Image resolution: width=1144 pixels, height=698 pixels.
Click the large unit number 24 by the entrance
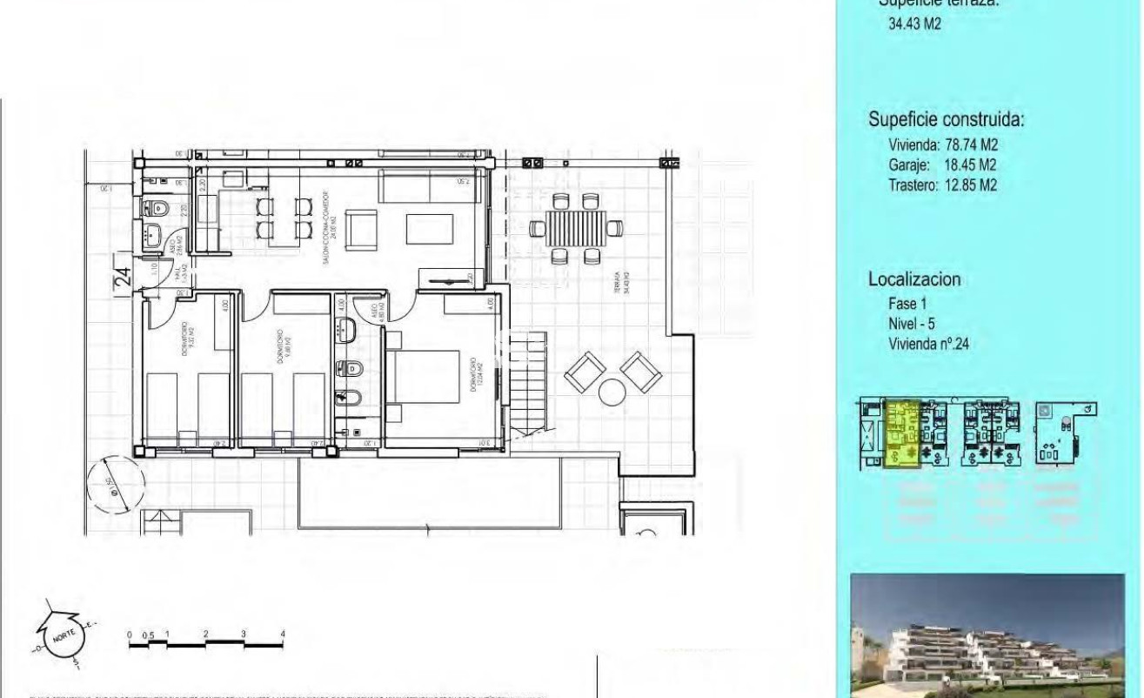pos(123,277)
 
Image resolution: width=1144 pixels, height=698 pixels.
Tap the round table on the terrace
pos(612,393)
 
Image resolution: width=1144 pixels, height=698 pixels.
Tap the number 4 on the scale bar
pos(283,634)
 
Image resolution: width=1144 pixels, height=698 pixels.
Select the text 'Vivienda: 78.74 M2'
pos(942,145)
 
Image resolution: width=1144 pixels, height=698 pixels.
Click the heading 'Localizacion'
pos(913,279)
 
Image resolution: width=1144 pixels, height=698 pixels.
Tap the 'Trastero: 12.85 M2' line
pos(942,185)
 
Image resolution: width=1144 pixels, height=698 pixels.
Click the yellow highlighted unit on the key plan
pos(902,434)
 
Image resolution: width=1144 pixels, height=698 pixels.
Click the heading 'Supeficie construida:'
pos(946,119)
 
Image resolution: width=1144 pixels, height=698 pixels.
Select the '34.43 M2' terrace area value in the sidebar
pos(913,24)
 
